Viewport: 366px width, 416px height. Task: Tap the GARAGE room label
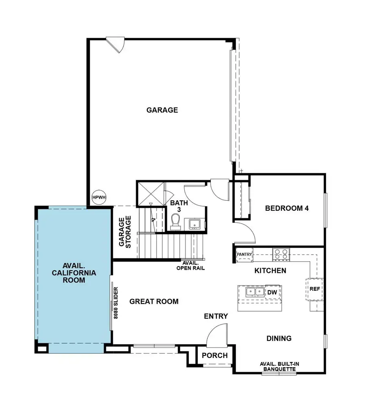click(162, 110)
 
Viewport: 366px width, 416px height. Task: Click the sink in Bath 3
click(193, 223)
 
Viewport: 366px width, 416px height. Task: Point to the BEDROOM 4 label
click(287, 208)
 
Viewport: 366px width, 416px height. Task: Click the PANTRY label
click(244, 255)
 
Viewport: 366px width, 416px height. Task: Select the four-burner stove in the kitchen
click(281, 255)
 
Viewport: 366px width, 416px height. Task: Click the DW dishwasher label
click(272, 292)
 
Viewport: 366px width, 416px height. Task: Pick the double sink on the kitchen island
click(253, 292)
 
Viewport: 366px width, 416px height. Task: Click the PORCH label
click(215, 355)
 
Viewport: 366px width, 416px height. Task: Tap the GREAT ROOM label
click(154, 301)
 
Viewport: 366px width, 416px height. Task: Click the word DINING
click(279, 338)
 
